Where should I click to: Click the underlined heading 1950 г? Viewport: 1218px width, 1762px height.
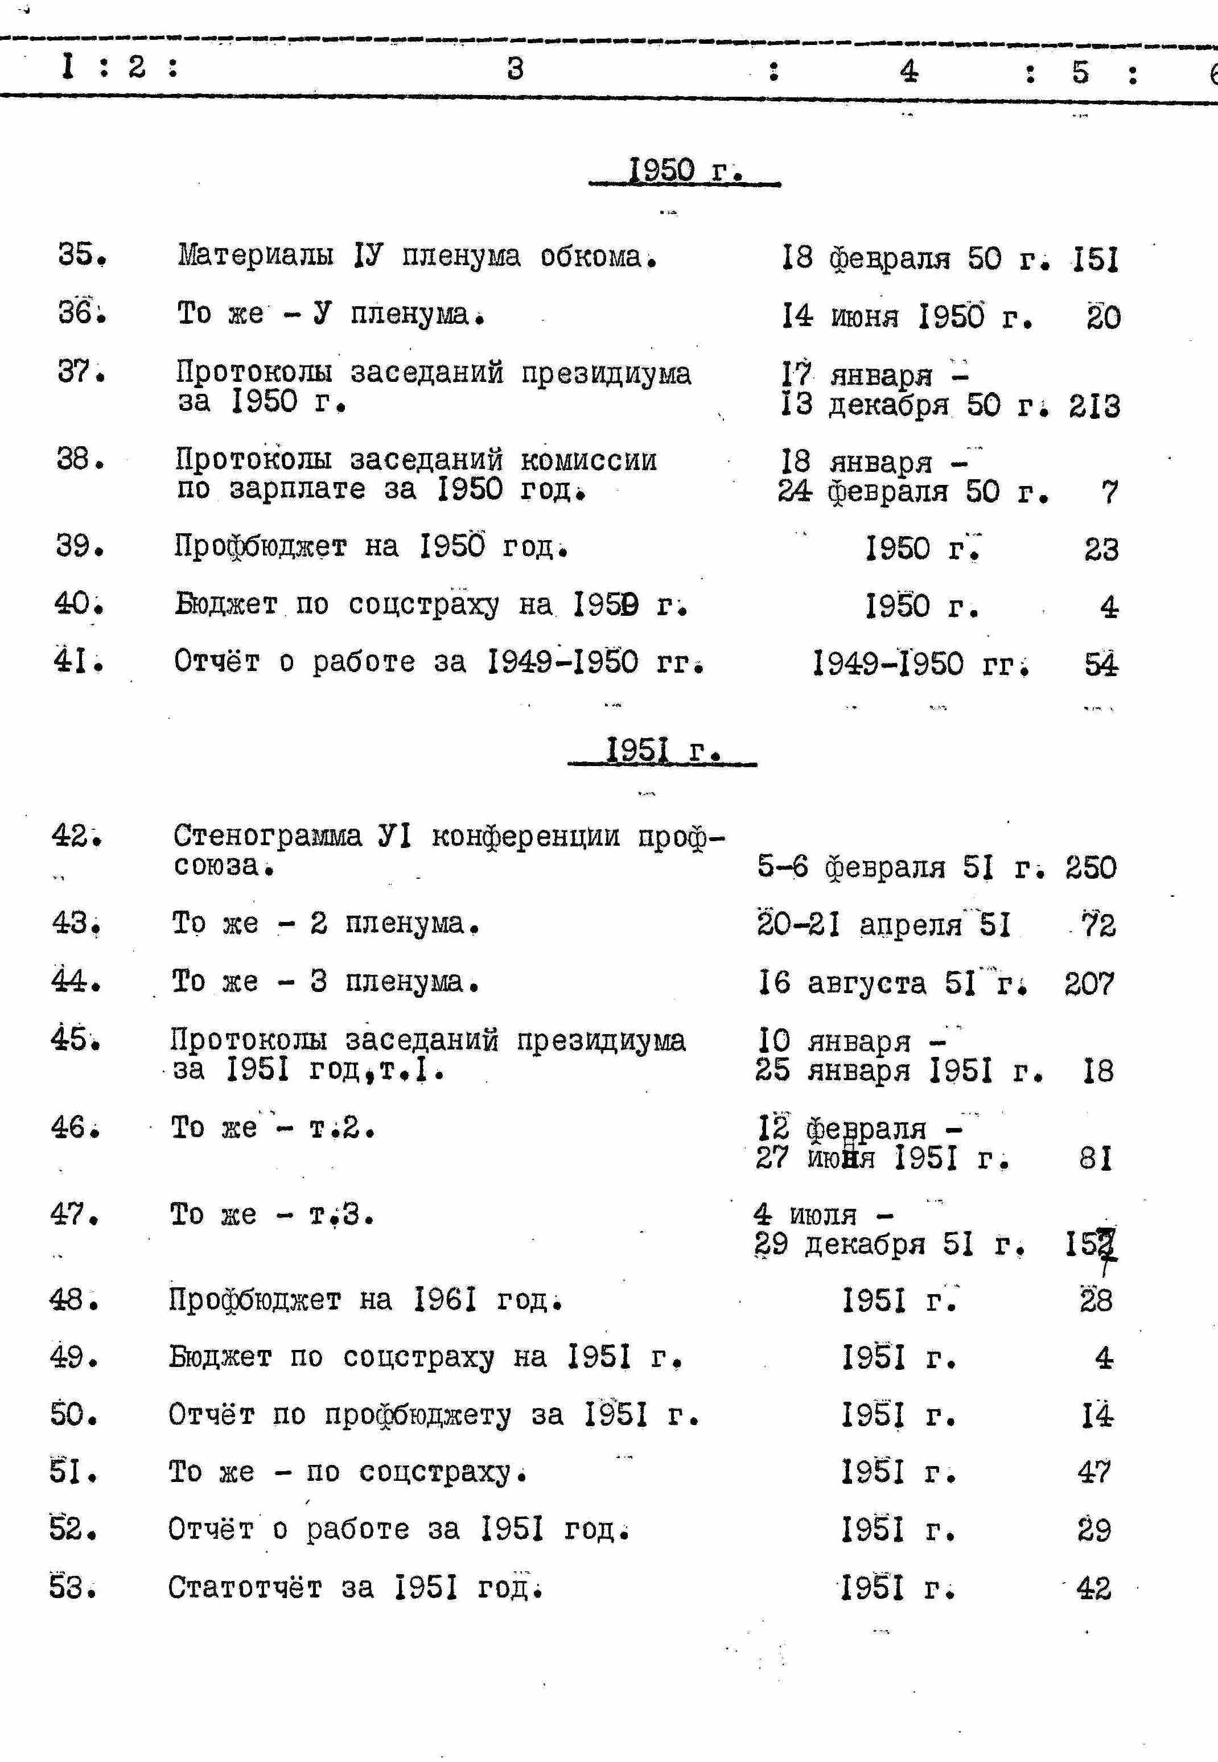pos(685,170)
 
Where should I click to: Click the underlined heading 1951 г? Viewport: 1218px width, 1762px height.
pos(663,750)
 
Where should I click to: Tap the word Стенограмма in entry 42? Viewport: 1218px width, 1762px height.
pos(267,837)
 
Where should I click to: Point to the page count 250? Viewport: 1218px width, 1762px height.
pos(1091,868)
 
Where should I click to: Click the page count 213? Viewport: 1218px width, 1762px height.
pos(1093,406)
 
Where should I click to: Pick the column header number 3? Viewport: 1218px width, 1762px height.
pos(515,69)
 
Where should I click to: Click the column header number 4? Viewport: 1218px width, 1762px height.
pos(908,71)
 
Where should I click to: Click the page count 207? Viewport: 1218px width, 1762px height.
pos(1089,983)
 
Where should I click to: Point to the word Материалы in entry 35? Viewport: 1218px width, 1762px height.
pos(256,255)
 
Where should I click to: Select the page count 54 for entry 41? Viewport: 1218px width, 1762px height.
pos(1101,665)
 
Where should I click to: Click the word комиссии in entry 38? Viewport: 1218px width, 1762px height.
pos(589,460)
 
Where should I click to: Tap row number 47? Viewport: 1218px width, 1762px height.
pos(74,1214)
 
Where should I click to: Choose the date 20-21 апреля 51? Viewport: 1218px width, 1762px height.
pos(884,925)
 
